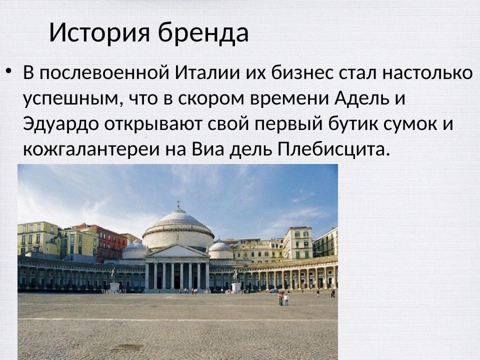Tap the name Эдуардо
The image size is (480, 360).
(x=61, y=123)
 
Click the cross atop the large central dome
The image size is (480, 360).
(x=177, y=204)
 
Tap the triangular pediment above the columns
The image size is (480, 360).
(x=177, y=252)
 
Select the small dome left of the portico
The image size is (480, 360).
(x=134, y=248)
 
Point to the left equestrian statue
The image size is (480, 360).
(x=113, y=275)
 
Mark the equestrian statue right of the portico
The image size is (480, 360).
(x=235, y=275)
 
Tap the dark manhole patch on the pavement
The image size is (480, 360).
(x=128, y=346)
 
